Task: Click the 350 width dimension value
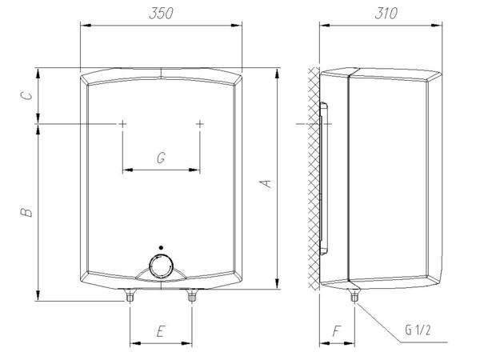tap(161, 13)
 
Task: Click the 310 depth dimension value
tap(386, 13)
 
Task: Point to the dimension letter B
tap(26, 212)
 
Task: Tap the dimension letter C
tap(26, 95)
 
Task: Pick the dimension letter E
tap(161, 331)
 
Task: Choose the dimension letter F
tap(337, 331)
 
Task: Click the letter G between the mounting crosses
tap(161, 158)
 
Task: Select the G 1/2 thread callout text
tap(418, 330)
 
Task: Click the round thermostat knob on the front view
tap(161, 267)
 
